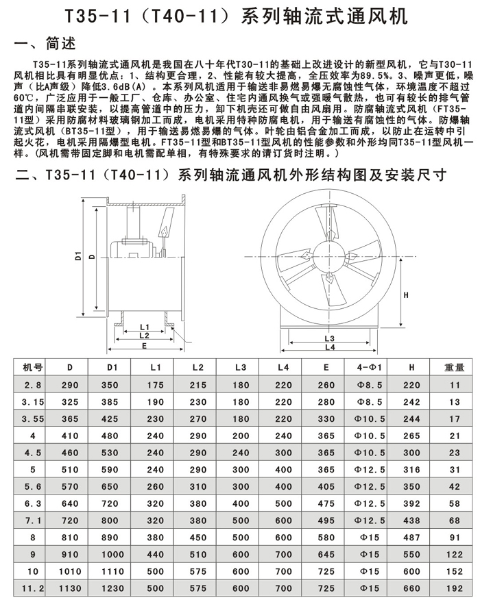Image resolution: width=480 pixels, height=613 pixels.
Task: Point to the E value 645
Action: (326, 553)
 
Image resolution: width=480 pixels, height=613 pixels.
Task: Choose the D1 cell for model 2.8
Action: (113, 385)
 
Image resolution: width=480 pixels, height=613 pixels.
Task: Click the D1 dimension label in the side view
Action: (78, 257)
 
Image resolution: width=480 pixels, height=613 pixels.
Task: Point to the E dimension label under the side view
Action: (145, 346)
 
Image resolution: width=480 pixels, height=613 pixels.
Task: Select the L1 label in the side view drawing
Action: (145, 326)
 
